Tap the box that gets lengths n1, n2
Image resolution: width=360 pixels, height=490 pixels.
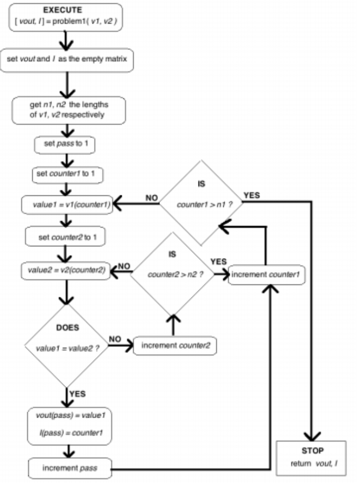(68, 109)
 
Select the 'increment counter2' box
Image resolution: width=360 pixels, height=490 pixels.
(175, 345)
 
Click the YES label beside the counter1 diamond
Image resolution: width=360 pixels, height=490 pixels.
(252, 195)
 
